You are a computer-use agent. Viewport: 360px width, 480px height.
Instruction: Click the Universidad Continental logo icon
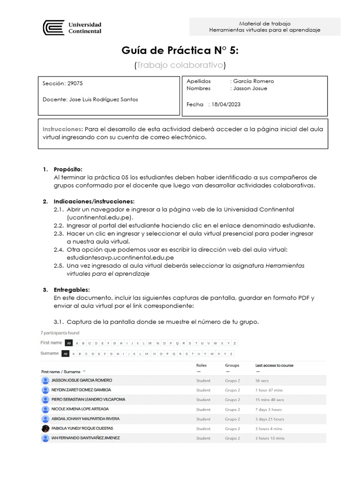tap(53, 28)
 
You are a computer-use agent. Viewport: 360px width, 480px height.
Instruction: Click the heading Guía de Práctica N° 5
tap(180, 51)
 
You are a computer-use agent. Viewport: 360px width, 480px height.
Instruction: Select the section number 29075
tap(75, 83)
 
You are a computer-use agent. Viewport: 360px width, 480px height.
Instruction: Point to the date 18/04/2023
tap(226, 105)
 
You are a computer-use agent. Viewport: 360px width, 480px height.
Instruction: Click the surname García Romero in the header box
tap(254, 81)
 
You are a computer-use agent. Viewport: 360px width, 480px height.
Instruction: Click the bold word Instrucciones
tap(62, 129)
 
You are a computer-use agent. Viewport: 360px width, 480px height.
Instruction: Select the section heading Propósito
tap(68, 169)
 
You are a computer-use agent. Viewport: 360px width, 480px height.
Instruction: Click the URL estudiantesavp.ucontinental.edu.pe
tap(120, 257)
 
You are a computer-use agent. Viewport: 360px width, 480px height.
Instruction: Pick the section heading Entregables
tap(71, 290)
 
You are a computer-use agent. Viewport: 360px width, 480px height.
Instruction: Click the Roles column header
tap(201, 365)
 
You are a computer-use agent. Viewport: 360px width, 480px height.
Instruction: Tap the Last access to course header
tap(274, 365)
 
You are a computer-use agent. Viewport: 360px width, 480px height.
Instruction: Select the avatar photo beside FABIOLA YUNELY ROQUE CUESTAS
tap(45, 428)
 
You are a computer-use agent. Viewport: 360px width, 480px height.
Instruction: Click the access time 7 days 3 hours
tap(269, 410)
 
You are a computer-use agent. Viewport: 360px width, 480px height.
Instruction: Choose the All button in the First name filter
tap(68, 343)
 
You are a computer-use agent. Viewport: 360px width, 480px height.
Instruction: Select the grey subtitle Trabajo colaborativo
tap(180, 66)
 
